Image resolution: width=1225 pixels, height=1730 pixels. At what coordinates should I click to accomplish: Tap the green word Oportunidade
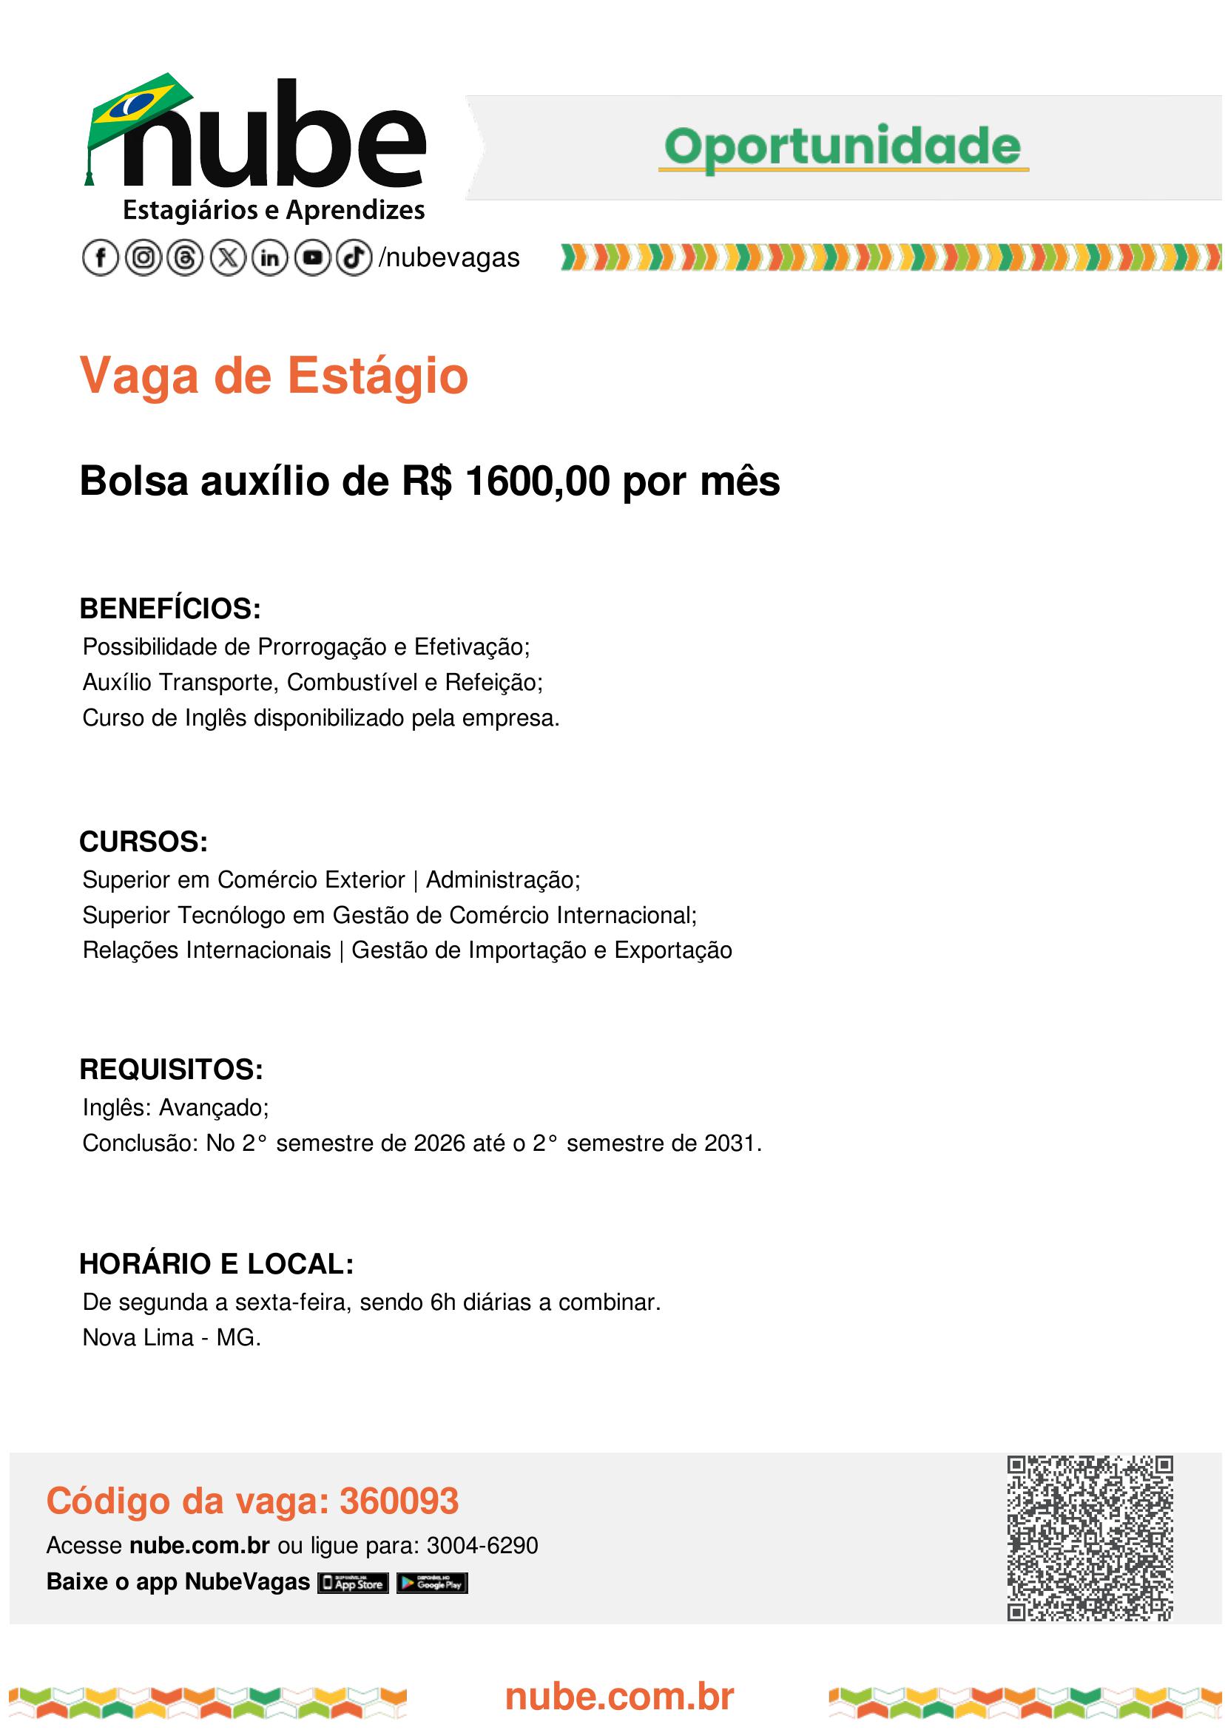(x=843, y=146)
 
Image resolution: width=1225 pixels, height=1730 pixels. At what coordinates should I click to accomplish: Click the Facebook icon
(x=101, y=258)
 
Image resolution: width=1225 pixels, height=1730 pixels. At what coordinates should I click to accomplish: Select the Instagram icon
(x=143, y=258)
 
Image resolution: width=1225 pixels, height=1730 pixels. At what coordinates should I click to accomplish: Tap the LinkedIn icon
(x=270, y=258)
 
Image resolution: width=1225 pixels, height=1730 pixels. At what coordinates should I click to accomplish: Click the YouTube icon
(x=312, y=258)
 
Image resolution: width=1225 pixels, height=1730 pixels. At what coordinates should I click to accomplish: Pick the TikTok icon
(x=354, y=258)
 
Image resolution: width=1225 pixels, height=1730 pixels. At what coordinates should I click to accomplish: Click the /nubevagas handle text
(x=450, y=258)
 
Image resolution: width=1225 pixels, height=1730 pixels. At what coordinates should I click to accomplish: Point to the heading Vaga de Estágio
(x=274, y=376)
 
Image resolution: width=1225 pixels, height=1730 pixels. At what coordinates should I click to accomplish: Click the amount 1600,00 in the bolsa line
(x=537, y=482)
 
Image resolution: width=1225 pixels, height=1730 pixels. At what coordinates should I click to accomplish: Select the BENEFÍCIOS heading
(x=170, y=609)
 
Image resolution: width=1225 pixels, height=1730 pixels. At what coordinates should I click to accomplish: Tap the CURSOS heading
(x=144, y=842)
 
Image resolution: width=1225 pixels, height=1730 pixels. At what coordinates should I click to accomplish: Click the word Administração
(x=502, y=879)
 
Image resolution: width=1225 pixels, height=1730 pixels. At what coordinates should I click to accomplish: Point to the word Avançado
(x=214, y=1107)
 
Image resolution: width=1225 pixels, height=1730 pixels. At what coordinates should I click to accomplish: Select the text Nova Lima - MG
(x=171, y=1338)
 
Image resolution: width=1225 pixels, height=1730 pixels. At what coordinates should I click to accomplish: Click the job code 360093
(x=399, y=1501)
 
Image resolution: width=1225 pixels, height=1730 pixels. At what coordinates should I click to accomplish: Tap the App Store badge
(x=353, y=1583)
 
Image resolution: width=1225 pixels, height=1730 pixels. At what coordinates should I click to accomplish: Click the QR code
(x=1090, y=1538)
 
